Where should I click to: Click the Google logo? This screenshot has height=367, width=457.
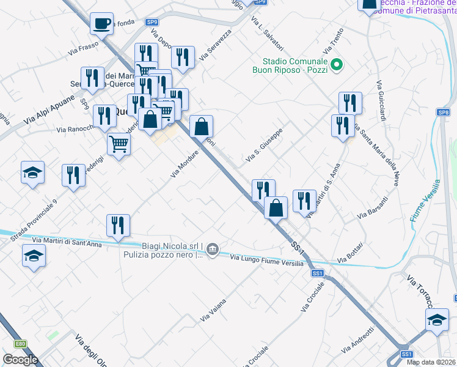pos(20,360)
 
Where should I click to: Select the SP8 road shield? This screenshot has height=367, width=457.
pos(444,113)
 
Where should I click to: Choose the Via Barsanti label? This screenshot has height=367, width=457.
pos(373,209)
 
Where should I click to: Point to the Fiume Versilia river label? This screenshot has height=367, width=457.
pos(425,201)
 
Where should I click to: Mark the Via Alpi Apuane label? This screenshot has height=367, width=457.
pos(49,110)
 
